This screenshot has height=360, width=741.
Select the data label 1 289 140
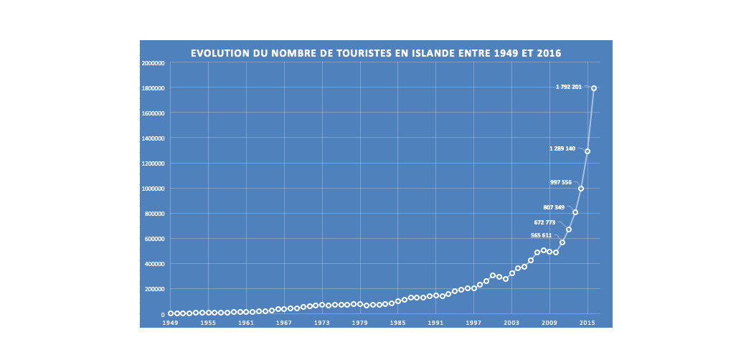pos(562,148)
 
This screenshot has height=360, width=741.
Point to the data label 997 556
pos(561,182)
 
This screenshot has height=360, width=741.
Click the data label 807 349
pos(554,207)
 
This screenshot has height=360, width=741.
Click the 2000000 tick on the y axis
pos(154,63)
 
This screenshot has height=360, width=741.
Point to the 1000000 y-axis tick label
pos(154,189)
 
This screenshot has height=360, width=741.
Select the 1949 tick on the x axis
pos(170,323)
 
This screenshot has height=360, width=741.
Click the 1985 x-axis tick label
pos(398,323)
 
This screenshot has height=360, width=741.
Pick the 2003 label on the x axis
pos(511,323)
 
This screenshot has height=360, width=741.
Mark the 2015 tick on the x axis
pos(587,323)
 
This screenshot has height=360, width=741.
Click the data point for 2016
pos(594,88)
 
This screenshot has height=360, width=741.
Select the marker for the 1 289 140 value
pos(587,151)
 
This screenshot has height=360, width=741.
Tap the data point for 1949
pos(170,313)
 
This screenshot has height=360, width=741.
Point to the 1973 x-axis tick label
pos(322,323)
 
